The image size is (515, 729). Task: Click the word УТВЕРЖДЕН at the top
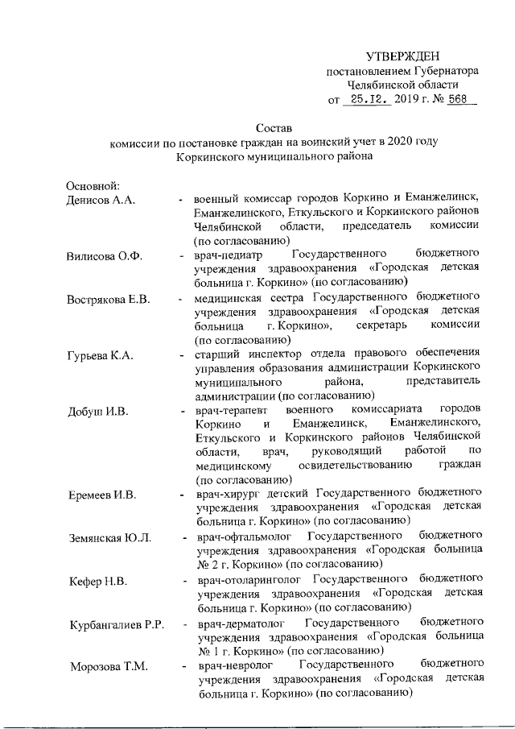click(x=402, y=56)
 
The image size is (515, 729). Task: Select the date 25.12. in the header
click(x=367, y=101)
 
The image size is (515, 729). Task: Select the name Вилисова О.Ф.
click(x=104, y=256)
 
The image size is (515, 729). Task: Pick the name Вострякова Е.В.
click(x=109, y=300)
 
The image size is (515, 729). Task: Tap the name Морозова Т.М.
click(x=103, y=665)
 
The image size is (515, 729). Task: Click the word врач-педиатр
click(x=229, y=255)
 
